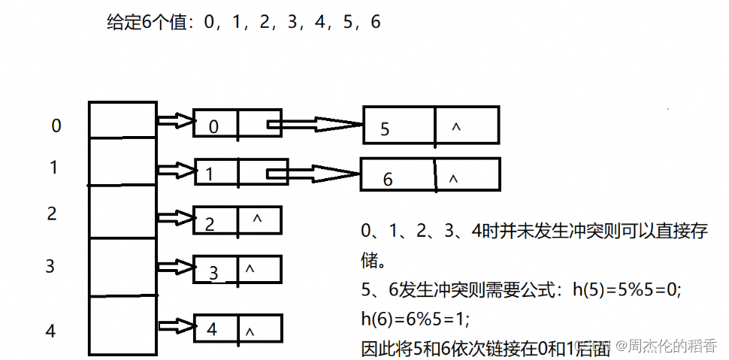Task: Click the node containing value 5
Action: pyautogui.click(x=431, y=125)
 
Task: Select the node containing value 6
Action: pyautogui.click(x=430, y=176)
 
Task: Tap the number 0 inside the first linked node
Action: pyautogui.click(x=213, y=126)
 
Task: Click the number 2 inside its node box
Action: pyautogui.click(x=210, y=223)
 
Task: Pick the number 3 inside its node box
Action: pyautogui.click(x=213, y=273)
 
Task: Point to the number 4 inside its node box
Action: pyautogui.click(x=211, y=329)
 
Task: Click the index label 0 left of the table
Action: pyautogui.click(x=56, y=126)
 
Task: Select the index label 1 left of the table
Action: pyautogui.click(x=53, y=167)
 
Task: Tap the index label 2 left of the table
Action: pyautogui.click(x=52, y=213)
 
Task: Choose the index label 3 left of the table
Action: pyautogui.click(x=50, y=266)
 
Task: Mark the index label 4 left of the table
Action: pyautogui.click(x=50, y=331)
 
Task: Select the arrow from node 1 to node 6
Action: pyautogui.click(x=316, y=174)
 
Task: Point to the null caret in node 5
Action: pyautogui.click(x=455, y=127)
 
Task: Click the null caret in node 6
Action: pyautogui.click(x=452, y=179)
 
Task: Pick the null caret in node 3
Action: pyautogui.click(x=250, y=268)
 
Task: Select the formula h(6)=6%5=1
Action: pyautogui.click(x=415, y=319)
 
